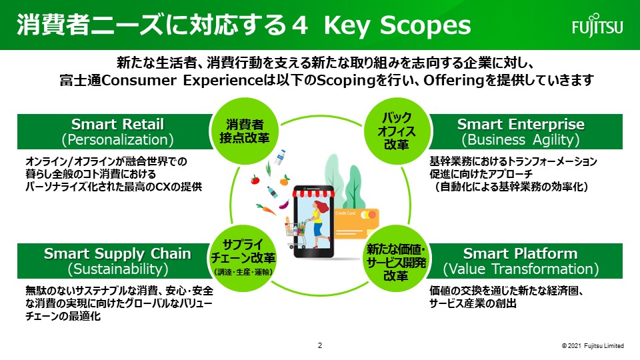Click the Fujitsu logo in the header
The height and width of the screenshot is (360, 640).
(597, 25)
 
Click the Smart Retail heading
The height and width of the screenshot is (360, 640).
(117, 124)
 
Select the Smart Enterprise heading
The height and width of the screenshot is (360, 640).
(521, 124)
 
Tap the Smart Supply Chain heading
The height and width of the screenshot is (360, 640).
(117, 253)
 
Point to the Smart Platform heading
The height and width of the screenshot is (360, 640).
(521, 253)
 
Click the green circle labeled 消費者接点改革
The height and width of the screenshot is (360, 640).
(244, 131)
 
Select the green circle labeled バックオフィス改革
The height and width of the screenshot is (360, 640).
(396, 131)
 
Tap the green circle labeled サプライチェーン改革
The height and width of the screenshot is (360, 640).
(243, 259)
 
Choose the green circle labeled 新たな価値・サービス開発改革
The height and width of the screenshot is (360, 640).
(396, 259)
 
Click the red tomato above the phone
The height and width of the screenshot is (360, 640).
(255, 179)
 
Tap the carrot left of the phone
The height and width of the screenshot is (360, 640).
(266, 209)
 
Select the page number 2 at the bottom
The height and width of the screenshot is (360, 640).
(320, 345)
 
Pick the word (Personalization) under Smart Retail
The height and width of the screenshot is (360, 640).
(117, 139)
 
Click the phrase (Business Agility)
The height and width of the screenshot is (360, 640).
(521, 139)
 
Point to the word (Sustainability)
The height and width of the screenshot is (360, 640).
(117, 269)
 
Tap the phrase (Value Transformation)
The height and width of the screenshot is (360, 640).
(521, 269)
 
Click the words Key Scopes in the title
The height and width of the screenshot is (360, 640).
(397, 25)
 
